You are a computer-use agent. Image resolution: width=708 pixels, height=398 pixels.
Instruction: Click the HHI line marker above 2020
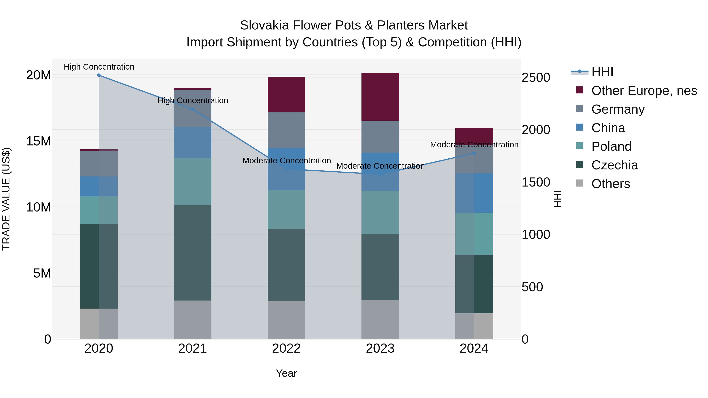(99, 75)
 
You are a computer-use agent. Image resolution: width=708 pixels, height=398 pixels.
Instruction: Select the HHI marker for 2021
(193, 109)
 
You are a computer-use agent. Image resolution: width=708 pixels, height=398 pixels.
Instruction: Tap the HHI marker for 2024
(474, 153)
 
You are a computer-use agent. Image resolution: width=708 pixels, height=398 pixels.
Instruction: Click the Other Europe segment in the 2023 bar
(380, 97)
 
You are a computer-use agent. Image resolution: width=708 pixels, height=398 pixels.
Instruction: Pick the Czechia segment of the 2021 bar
(193, 253)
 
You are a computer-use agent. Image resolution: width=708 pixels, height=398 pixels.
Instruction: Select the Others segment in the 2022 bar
(286, 320)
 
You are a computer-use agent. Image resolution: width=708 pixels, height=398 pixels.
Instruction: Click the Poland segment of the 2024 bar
(474, 234)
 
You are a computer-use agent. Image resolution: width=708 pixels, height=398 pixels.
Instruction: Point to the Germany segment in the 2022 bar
(286, 130)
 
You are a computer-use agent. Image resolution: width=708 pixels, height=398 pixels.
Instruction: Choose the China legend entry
(608, 128)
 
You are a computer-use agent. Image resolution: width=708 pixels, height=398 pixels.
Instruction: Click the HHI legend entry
(602, 72)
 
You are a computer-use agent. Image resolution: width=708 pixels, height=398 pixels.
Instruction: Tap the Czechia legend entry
(614, 165)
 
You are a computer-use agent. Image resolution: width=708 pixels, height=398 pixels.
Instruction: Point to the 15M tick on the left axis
(39, 141)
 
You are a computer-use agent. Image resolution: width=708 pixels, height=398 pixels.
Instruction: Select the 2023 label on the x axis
(380, 348)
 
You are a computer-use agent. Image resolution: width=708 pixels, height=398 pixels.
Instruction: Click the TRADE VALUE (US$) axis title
(6, 199)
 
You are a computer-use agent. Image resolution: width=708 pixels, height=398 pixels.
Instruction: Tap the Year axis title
(286, 373)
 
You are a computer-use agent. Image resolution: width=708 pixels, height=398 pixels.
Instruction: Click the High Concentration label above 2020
(99, 67)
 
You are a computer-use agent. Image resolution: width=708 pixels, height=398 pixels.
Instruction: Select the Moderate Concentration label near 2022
(286, 160)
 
